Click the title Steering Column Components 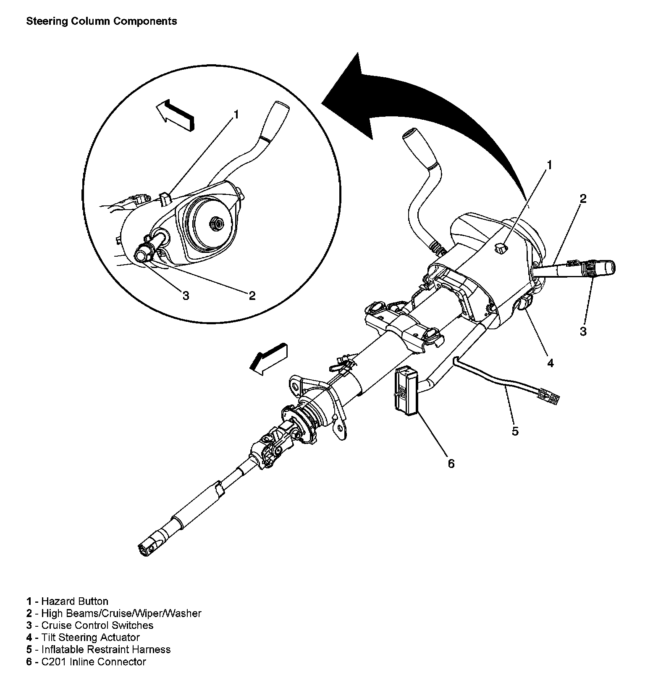(102, 21)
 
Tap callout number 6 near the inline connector (451, 464)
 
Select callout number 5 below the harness (515, 431)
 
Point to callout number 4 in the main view (550, 363)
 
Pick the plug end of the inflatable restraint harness (548, 397)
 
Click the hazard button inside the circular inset (165, 198)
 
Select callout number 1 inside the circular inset (236, 114)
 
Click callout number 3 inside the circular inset (186, 296)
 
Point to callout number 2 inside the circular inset (252, 296)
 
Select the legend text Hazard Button (75, 601)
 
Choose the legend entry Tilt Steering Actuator (90, 638)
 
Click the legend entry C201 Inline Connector (93, 662)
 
